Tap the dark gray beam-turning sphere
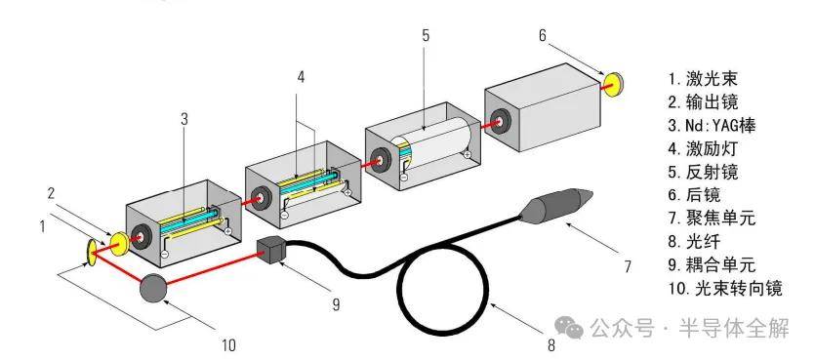(155, 287)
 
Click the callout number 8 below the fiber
(551, 344)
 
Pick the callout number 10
(228, 344)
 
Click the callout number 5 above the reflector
(426, 36)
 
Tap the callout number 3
(184, 119)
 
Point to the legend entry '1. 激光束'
(703, 79)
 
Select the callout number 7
(628, 267)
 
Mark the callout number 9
(337, 303)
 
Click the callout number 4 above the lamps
(302, 77)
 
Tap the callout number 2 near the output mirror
(51, 194)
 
